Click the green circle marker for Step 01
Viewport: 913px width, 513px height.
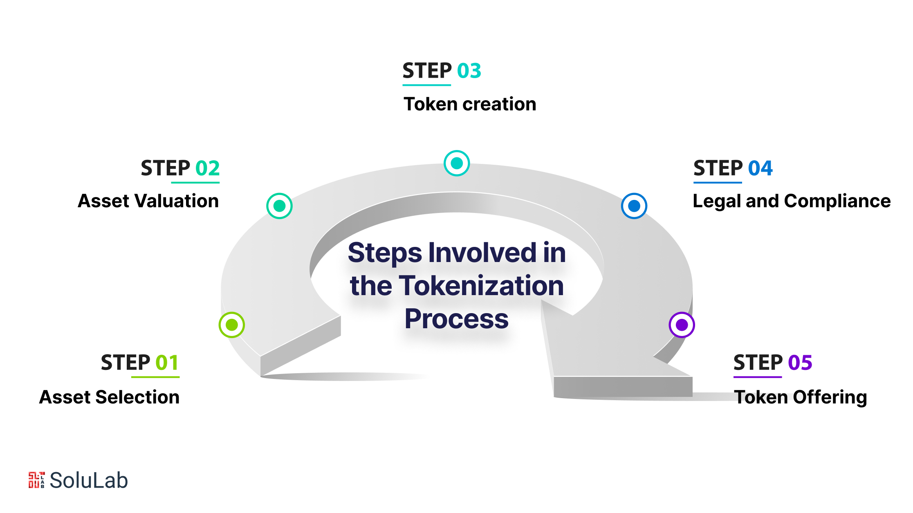click(x=232, y=325)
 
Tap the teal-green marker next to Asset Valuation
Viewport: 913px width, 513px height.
click(x=279, y=206)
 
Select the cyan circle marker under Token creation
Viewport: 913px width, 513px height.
click(x=457, y=163)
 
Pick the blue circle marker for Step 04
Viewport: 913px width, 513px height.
click(x=634, y=206)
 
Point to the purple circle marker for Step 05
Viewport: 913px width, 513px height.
click(x=682, y=325)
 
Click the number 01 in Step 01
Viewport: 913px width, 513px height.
click(x=167, y=363)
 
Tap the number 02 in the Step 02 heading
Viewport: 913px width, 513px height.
click(x=207, y=168)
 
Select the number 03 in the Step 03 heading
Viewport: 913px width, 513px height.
click(x=469, y=71)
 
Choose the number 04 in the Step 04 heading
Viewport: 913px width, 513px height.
click(x=760, y=168)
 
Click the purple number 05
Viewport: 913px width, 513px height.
click(x=800, y=363)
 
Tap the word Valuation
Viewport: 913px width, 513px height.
click(x=177, y=201)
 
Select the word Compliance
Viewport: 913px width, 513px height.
click(x=837, y=202)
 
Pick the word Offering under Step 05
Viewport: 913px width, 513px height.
click(x=830, y=398)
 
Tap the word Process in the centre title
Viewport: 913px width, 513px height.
click(x=457, y=319)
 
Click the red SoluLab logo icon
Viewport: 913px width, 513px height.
click(x=36, y=480)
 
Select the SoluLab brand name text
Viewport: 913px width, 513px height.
click(x=89, y=480)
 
